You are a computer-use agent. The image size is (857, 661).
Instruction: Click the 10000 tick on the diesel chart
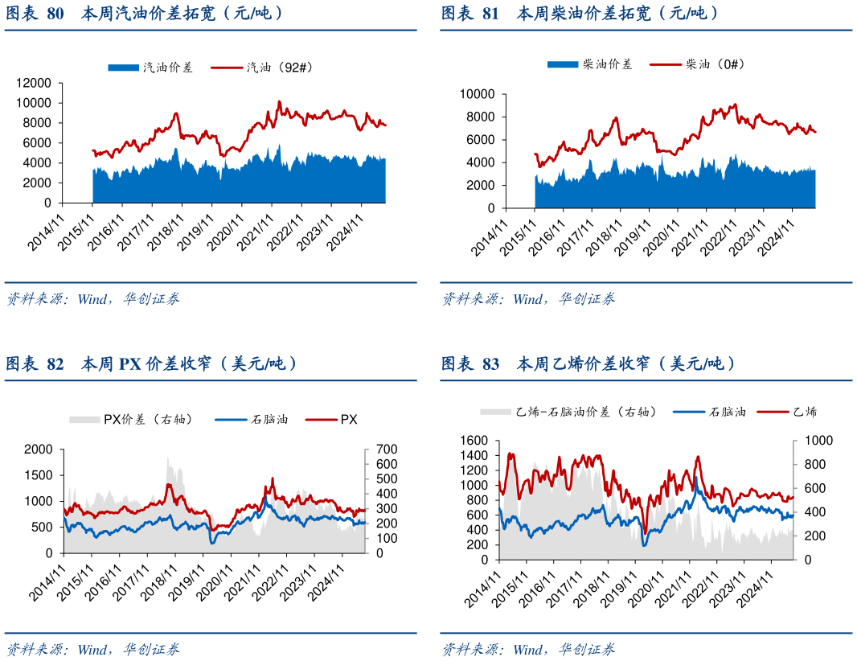point(478,94)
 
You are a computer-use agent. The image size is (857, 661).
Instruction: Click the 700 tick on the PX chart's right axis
point(378,449)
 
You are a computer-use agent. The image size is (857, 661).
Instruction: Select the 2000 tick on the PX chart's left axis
point(39,449)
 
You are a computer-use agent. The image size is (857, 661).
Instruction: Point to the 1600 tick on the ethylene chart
point(474,441)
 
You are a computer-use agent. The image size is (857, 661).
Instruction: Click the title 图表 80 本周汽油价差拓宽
point(146,13)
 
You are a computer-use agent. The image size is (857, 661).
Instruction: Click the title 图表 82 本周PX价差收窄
point(152,364)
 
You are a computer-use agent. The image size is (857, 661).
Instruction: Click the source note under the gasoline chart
point(92,299)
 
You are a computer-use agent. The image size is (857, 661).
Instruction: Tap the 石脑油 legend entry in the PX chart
point(269,419)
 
